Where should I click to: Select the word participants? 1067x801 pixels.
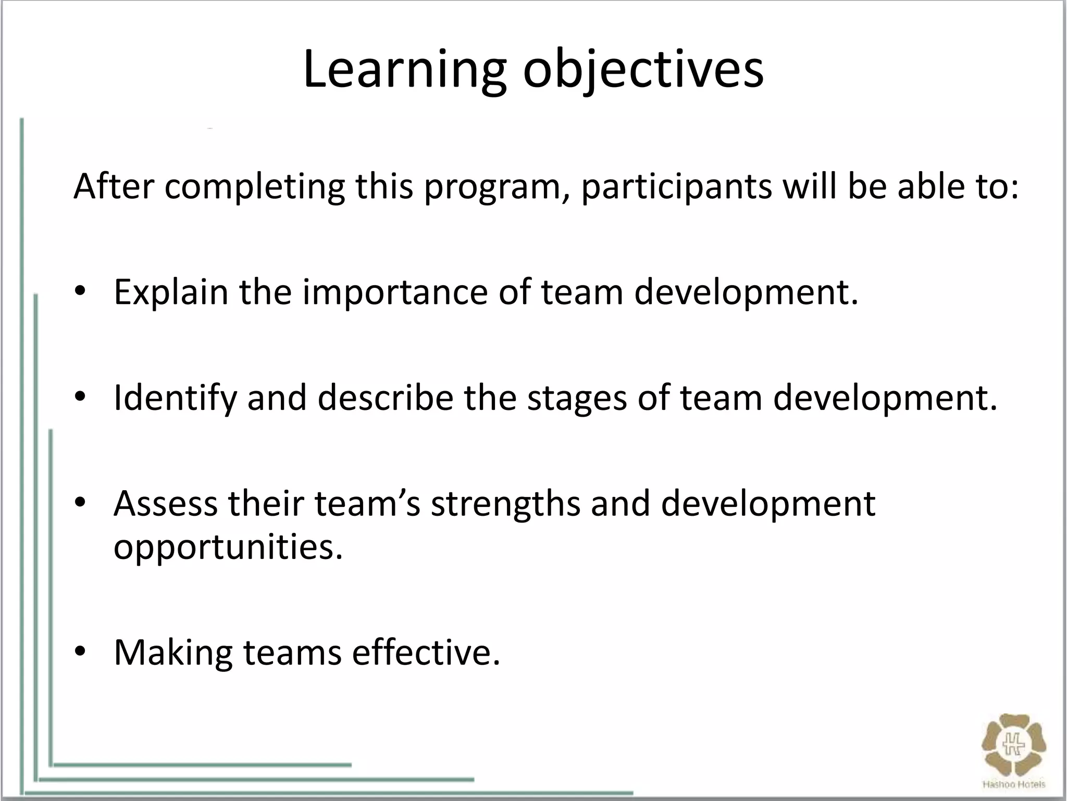click(x=676, y=188)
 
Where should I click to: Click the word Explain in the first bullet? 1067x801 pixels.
click(x=171, y=292)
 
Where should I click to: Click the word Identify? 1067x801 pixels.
click(x=175, y=398)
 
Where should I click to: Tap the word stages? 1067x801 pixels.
click(x=577, y=398)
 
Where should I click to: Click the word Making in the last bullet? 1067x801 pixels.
click(x=173, y=653)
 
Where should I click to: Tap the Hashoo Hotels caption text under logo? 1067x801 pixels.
click(x=1013, y=784)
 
